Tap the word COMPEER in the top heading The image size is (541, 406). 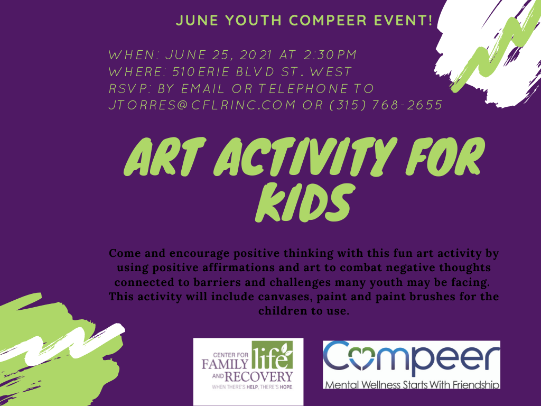328,20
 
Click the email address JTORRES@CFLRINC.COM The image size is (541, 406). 202,105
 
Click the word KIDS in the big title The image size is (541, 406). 305,202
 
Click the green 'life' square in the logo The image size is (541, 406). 272,355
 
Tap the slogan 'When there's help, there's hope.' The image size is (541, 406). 253,387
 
